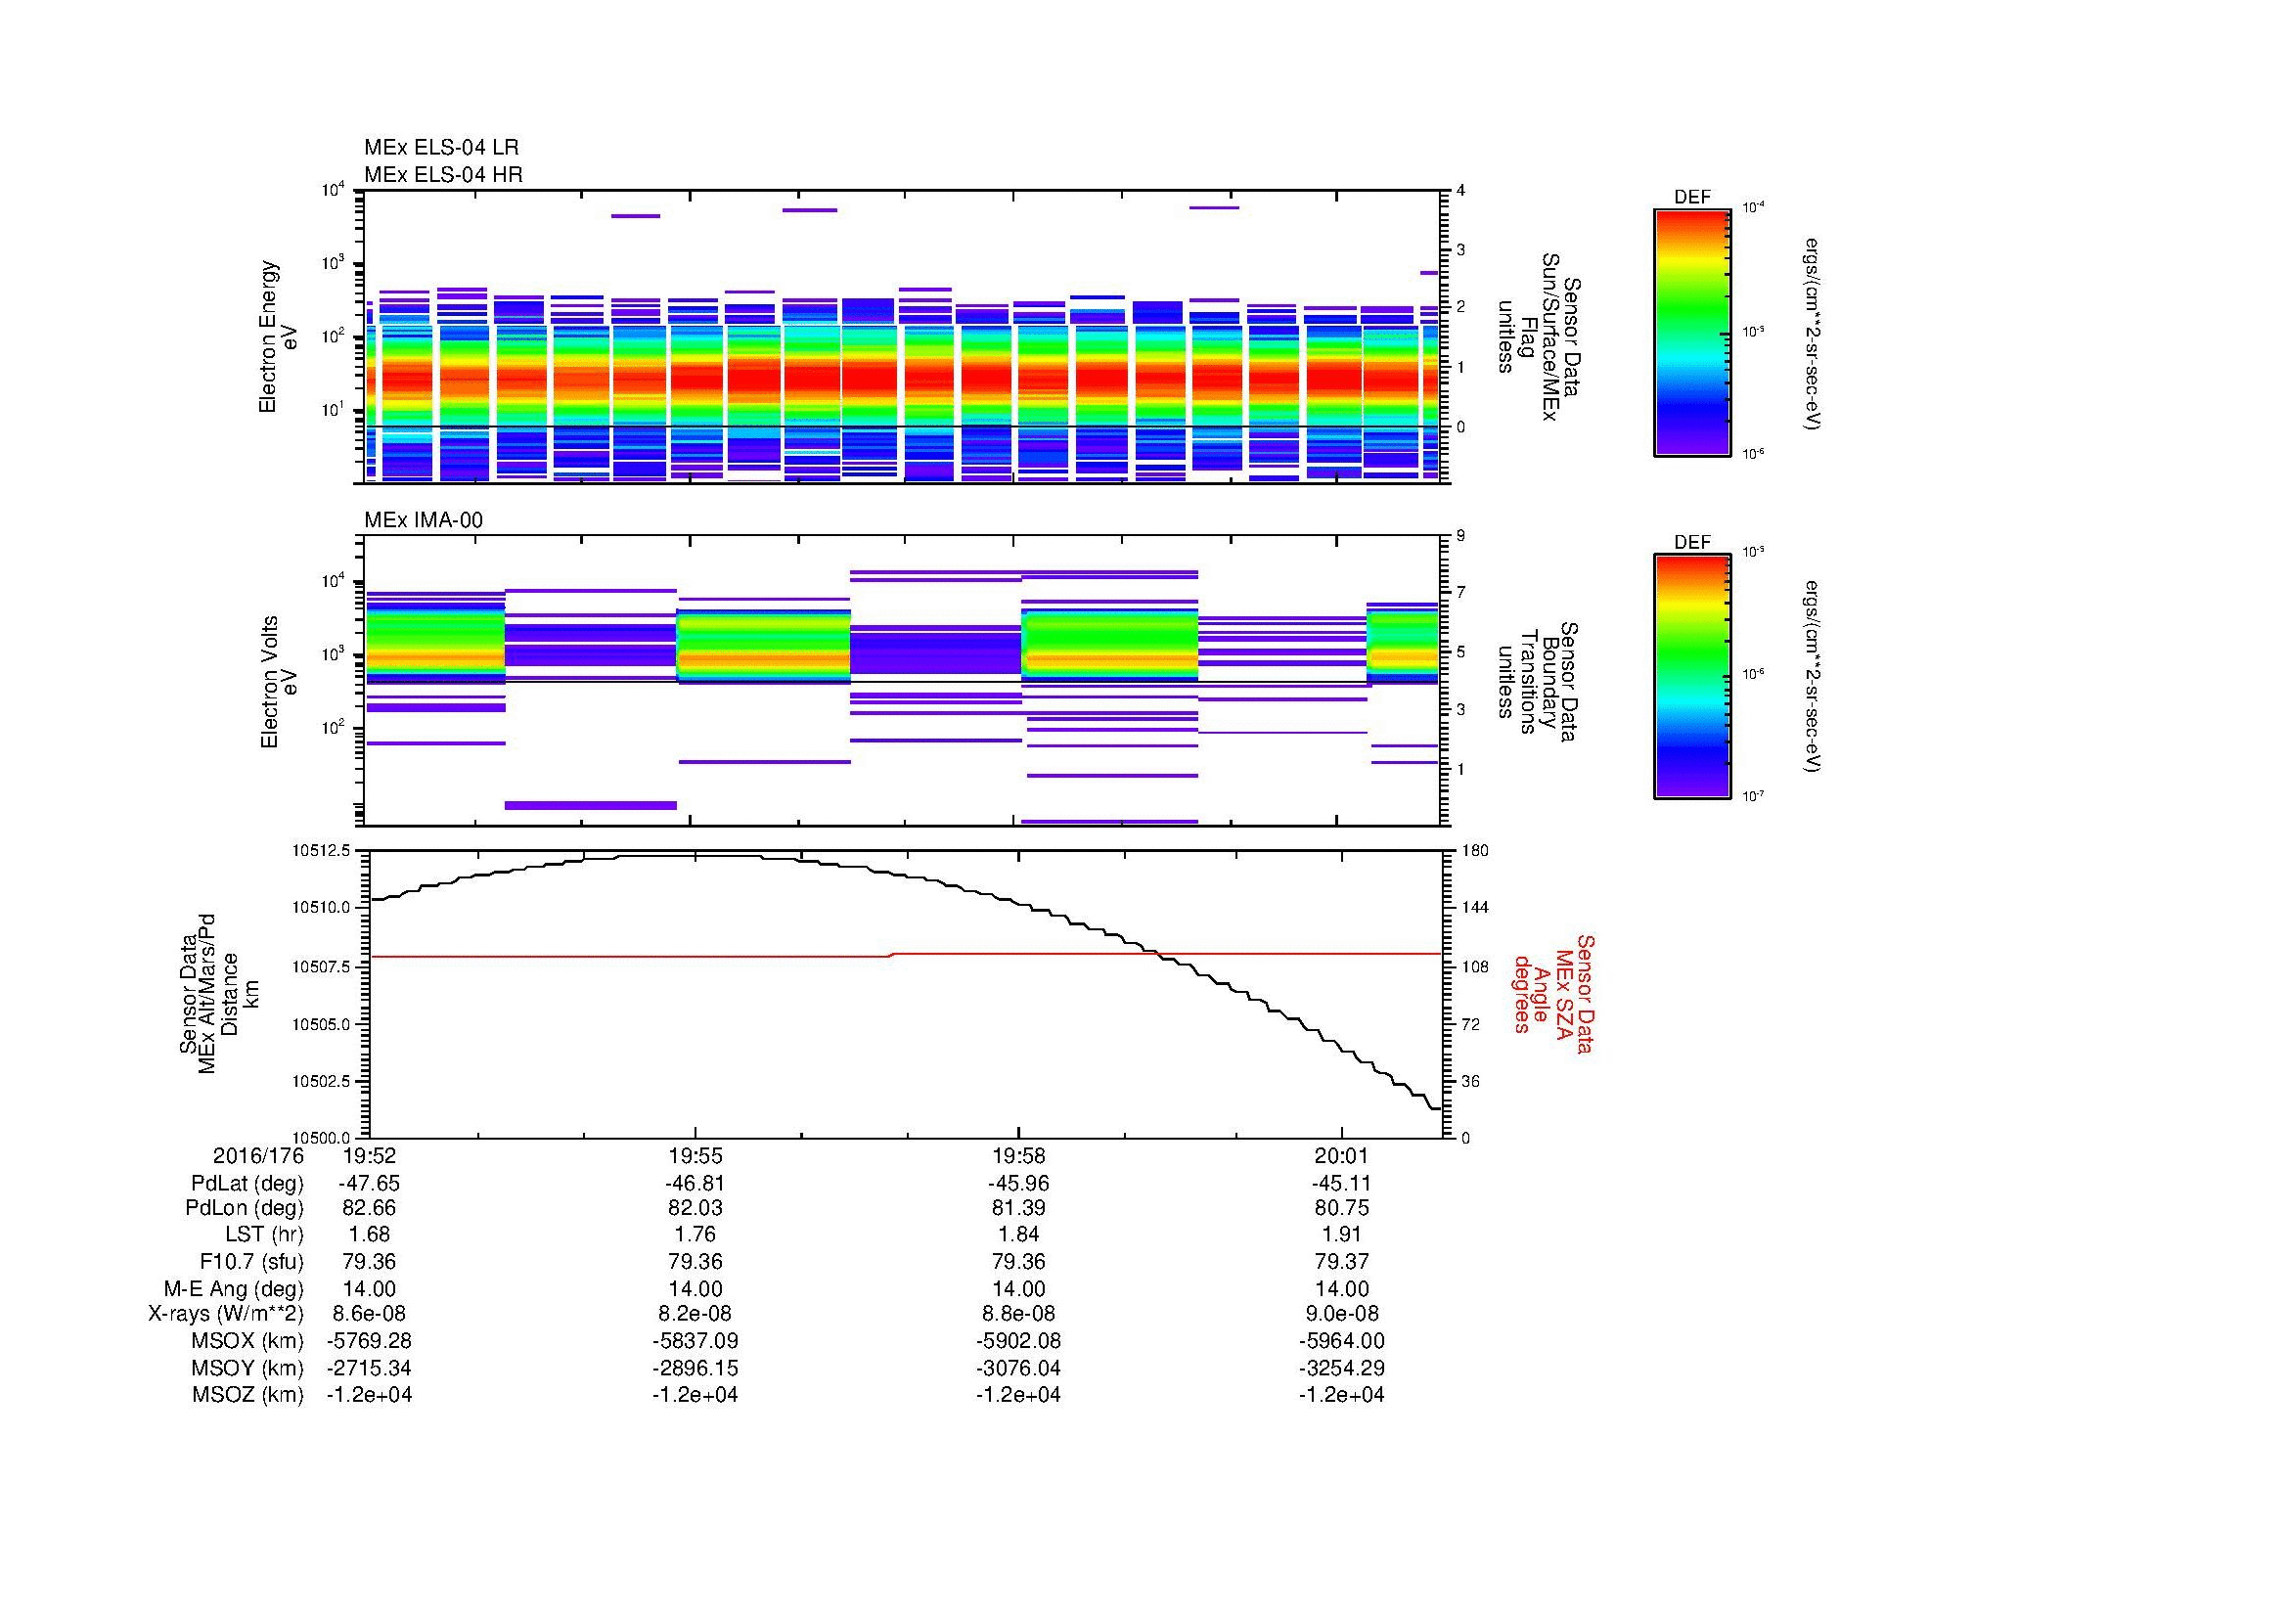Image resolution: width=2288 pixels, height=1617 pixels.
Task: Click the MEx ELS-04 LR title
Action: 441,148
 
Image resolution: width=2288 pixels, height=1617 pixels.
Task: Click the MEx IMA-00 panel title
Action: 424,520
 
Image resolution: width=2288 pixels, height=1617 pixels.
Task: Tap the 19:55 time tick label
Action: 695,1155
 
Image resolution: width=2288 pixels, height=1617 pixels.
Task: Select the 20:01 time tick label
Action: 1341,1155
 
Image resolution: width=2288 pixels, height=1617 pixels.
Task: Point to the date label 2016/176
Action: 258,1155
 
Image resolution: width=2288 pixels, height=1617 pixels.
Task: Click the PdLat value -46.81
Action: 695,1184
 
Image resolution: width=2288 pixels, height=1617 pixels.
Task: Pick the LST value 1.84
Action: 1018,1235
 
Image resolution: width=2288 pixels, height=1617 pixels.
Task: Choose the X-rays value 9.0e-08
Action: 1341,1314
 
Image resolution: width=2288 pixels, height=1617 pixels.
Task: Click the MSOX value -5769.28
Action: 370,1341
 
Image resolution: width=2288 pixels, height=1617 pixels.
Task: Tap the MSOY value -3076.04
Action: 1018,1368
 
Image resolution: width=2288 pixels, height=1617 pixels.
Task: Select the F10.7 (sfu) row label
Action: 250,1261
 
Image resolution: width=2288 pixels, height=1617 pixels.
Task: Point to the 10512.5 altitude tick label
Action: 321,851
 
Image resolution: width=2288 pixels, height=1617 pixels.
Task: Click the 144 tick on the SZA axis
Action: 1474,908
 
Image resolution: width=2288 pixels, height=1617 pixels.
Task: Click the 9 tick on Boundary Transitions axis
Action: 1460,536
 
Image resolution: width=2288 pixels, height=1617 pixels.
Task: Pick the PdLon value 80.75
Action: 1341,1207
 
